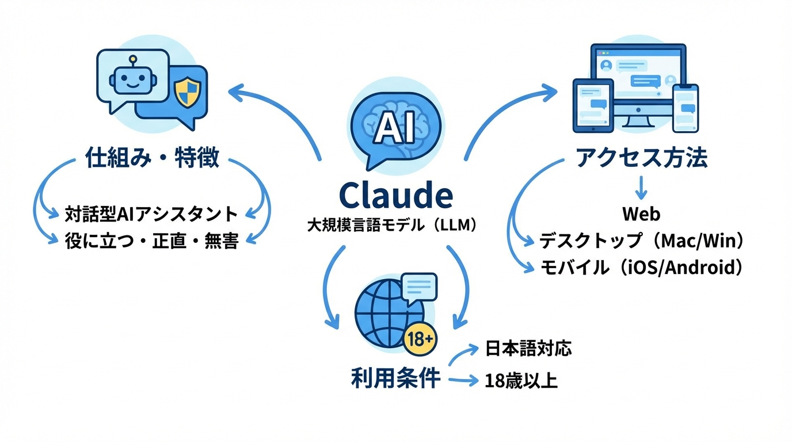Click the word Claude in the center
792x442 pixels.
[x=395, y=196]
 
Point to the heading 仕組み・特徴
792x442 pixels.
[x=152, y=157]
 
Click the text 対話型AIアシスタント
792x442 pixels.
[x=151, y=214]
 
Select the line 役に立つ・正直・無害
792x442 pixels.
[x=151, y=241]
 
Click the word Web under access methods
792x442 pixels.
[x=641, y=214]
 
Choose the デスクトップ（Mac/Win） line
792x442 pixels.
[x=641, y=241]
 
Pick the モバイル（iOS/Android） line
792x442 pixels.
[x=641, y=268]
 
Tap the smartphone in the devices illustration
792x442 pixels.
[x=686, y=108]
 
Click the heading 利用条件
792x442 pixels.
[x=395, y=379]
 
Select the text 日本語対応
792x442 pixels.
[x=528, y=349]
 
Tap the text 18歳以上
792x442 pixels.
[x=521, y=380]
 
